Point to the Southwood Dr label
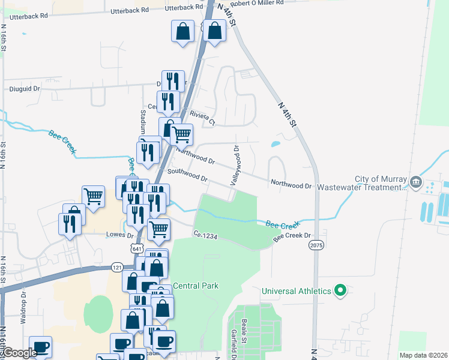point(188,175)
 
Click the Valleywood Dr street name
point(234,164)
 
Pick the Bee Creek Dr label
point(294,237)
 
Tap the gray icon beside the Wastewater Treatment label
point(415,181)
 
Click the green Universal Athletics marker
point(340,292)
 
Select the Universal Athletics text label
point(297,292)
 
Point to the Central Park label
point(196,286)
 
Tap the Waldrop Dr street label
point(24,308)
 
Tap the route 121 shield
point(116,266)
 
